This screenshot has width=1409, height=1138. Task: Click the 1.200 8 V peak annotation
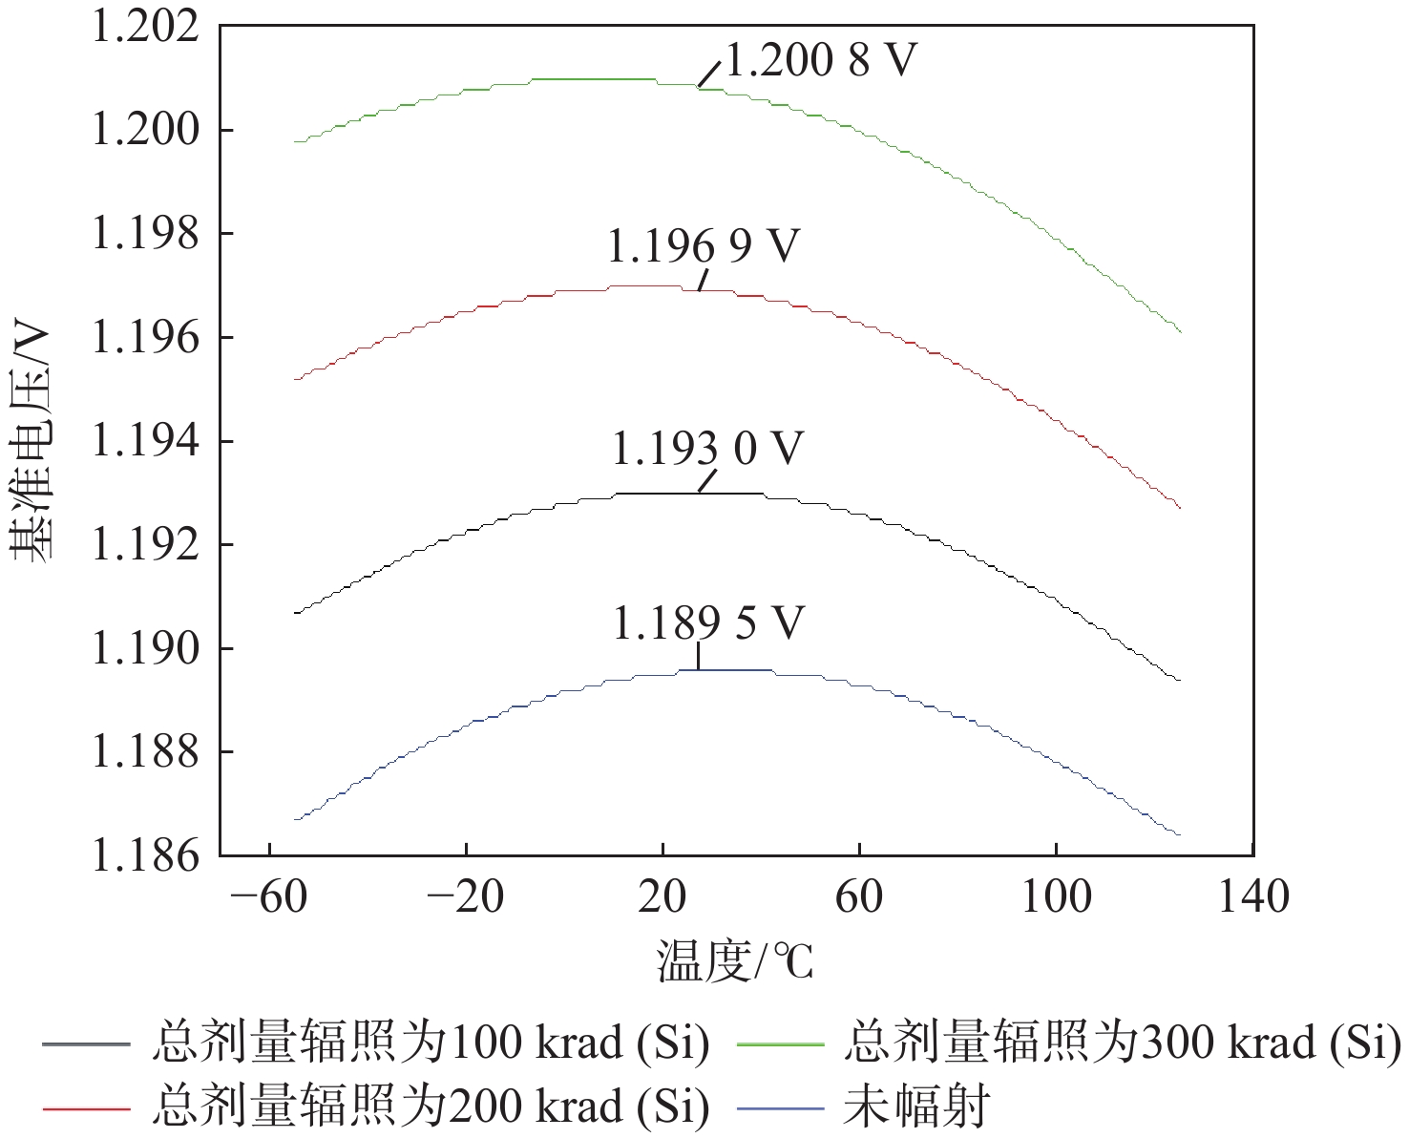pyautogui.click(x=821, y=61)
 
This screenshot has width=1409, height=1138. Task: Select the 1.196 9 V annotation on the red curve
pyautogui.click(x=703, y=246)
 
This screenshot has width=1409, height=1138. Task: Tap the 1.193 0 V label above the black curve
pyautogui.click(x=707, y=449)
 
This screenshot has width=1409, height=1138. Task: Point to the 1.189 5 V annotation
pyautogui.click(x=707, y=623)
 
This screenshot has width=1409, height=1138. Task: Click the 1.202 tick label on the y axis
pyautogui.click(x=145, y=26)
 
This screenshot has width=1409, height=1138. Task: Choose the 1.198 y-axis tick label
pyautogui.click(x=145, y=233)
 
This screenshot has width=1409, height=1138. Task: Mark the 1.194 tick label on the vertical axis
pyautogui.click(x=145, y=441)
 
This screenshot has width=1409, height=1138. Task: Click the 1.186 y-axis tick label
pyautogui.click(x=145, y=855)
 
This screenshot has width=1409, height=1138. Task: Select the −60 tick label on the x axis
pyautogui.click(x=270, y=897)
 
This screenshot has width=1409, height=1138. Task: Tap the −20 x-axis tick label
pyautogui.click(x=466, y=897)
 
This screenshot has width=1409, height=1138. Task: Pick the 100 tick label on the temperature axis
pyautogui.click(x=1056, y=897)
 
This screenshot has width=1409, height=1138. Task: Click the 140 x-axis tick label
pyautogui.click(x=1252, y=897)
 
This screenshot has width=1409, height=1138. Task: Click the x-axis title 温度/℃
pyautogui.click(x=735, y=961)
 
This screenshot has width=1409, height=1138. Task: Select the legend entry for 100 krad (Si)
pyautogui.click(x=431, y=1043)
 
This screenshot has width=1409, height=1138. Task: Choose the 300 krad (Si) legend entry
pyautogui.click(x=1122, y=1043)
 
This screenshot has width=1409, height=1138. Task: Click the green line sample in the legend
pyautogui.click(x=780, y=1044)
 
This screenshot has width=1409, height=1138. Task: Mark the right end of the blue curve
pyautogui.click(x=1180, y=835)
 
